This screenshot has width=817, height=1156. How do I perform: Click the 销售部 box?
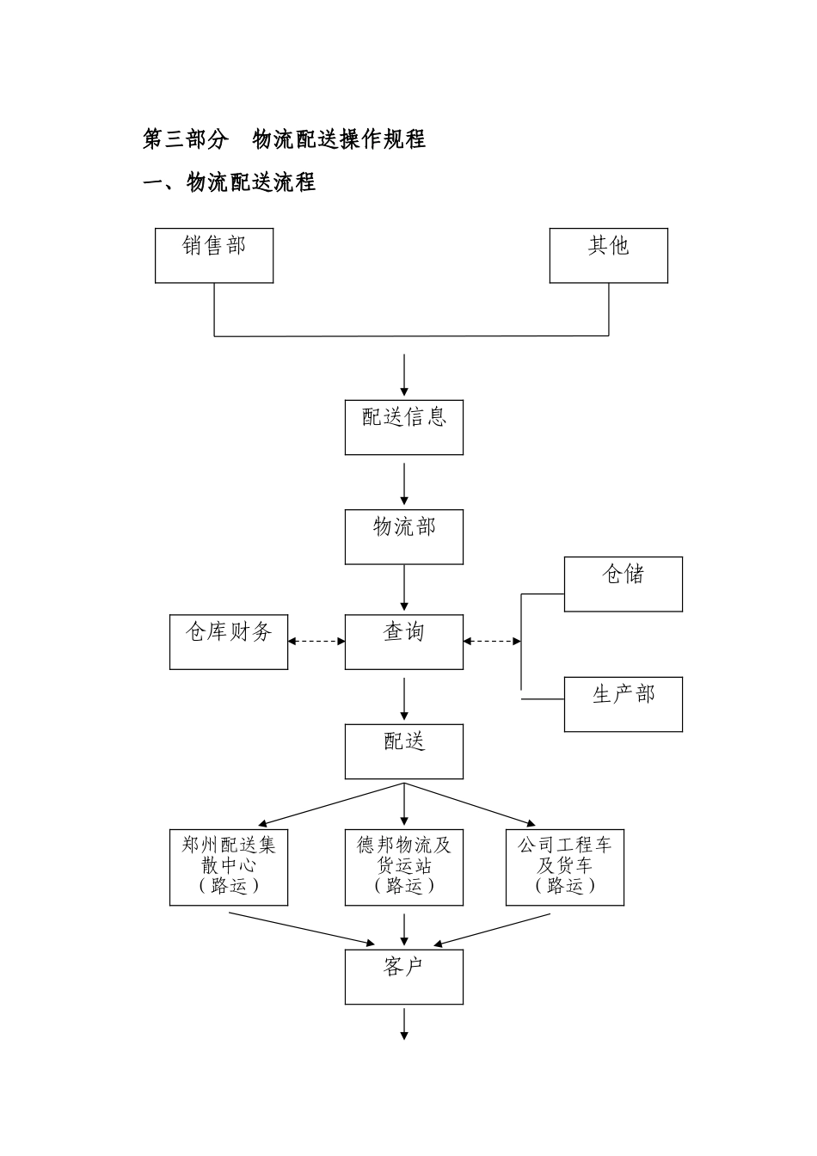tap(214, 255)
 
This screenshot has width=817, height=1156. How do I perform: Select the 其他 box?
tap(609, 255)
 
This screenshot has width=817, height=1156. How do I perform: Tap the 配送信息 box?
tap(404, 427)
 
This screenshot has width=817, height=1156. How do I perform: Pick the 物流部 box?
tap(404, 537)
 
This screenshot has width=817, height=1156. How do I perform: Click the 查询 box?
tap(404, 642)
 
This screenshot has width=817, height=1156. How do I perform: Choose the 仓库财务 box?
tap(229, 642)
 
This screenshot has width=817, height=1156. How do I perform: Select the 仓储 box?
tap(623, 584)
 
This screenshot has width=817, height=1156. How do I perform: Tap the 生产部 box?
tap(623, 704)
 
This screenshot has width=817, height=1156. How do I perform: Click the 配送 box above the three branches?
tap(404, 751)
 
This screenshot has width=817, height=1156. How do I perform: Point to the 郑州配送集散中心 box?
tap(229, 867)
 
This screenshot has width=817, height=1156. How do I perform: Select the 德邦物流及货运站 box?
tap(404, 867)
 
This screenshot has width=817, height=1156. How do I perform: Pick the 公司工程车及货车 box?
tap(565, 867)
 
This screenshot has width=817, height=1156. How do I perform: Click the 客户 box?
tap(404, 976)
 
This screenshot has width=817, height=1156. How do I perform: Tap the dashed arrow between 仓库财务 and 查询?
tap(316, 641)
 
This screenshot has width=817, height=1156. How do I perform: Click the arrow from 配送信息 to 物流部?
tap(404, 483)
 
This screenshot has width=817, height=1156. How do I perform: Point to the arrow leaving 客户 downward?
tap(404, 1024)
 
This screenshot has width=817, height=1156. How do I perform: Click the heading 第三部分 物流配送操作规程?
tap(284, 138)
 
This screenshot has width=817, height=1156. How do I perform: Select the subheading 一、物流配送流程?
tap(230, 182)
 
